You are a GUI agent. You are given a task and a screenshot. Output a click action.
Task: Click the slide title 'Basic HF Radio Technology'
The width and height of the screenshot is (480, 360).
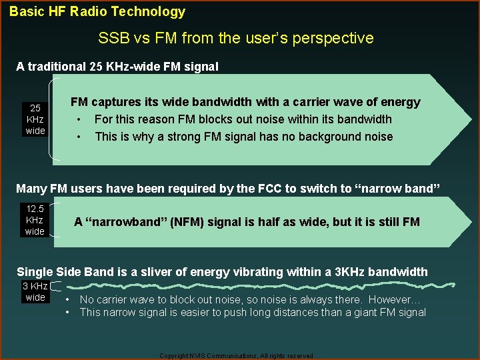(97, 11)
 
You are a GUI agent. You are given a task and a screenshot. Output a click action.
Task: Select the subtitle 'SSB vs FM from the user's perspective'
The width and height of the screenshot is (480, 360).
(235, 38)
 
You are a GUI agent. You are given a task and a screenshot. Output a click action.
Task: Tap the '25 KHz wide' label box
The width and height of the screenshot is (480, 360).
(35, 119)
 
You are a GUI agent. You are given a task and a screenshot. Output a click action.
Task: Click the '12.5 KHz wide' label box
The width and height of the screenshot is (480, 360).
(35, 220)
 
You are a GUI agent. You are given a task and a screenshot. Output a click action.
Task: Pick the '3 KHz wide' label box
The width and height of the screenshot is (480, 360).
(35, 292)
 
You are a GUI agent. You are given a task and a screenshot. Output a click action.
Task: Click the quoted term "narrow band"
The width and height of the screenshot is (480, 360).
(397, 189)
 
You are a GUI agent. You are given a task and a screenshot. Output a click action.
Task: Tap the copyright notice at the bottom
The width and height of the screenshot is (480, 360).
(236, 356)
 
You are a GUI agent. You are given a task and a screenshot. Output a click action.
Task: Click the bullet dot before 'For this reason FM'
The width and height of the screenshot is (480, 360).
(79, 120)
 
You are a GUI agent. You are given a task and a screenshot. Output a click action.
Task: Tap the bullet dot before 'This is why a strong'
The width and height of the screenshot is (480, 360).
(79, 137)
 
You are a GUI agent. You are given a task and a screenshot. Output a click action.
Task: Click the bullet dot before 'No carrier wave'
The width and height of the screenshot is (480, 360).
(69, 300)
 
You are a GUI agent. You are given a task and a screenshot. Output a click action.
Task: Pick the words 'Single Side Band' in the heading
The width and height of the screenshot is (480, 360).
(60, 271)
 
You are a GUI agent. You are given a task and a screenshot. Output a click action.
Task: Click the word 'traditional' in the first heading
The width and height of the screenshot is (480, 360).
(56, 66)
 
